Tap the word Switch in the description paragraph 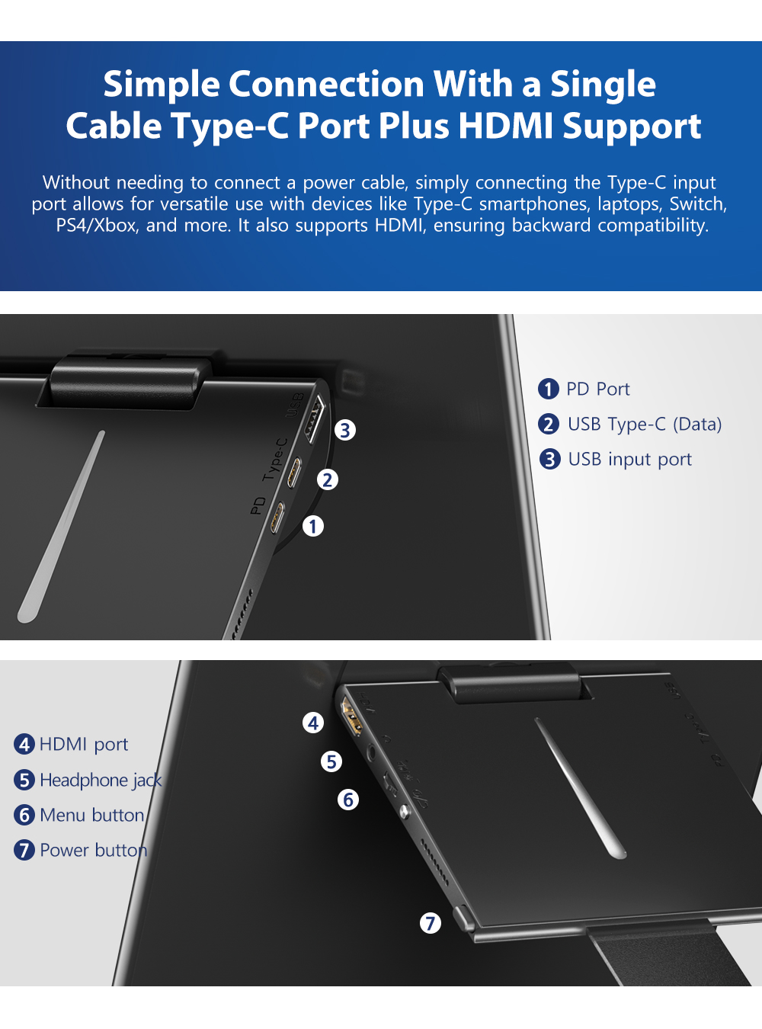697,204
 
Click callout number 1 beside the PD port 313,527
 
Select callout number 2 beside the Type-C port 328,479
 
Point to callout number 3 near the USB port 345,430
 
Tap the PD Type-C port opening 277,518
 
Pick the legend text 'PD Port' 598,389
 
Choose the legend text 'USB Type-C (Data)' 645,425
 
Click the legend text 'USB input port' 630,460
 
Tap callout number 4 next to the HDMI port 313,723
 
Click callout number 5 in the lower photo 331,761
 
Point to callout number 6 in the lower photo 347,800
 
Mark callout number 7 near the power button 431,923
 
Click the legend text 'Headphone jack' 101,781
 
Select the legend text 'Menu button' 92,815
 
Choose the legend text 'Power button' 93,851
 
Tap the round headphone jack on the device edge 371,750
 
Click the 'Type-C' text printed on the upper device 275,460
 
